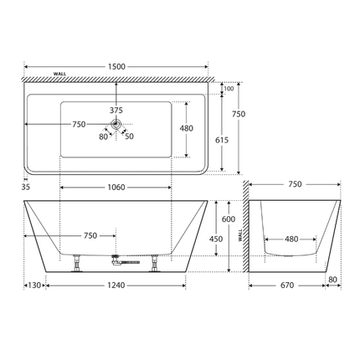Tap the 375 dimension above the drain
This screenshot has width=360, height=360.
coord(116,110)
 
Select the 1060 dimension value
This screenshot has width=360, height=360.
coord(116,187)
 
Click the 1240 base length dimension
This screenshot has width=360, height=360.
coord(116,285)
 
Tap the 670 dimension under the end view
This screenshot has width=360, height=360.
coord(285,285)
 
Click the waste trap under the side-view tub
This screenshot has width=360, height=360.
coord(126,262)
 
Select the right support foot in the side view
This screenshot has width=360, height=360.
coord(156,264)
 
